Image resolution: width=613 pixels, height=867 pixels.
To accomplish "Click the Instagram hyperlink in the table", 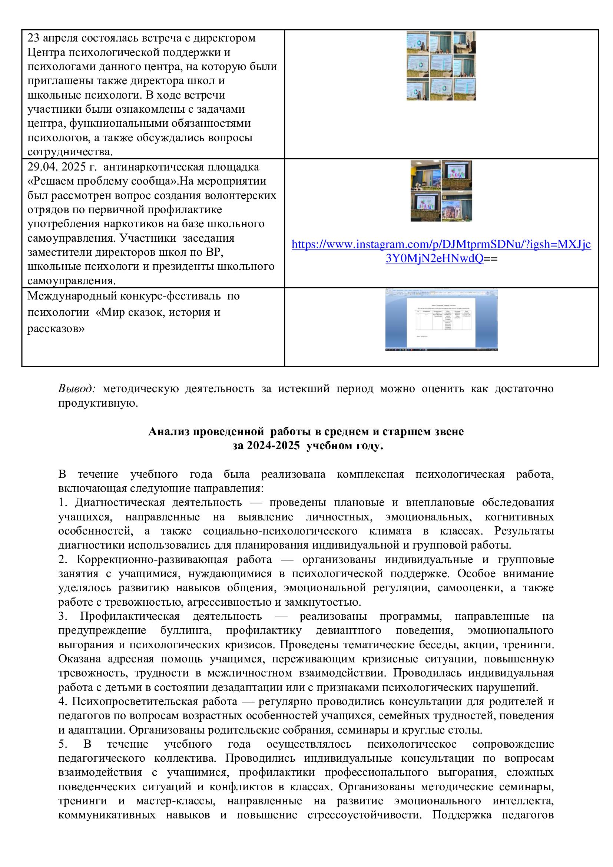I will (x=441, y=251).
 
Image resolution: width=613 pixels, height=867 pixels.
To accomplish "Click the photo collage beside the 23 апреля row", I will (x=441, y=66).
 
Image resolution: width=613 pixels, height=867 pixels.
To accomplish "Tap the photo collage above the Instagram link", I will (x=441, y=191).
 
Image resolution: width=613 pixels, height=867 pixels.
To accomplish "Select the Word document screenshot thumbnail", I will (x=441, y=320).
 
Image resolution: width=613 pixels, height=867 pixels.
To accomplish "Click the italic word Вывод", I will (x=77, y=388).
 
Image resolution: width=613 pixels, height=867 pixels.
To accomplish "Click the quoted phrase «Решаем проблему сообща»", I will (x=102, y=181).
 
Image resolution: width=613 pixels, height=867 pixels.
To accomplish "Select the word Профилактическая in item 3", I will (x=129, y=616).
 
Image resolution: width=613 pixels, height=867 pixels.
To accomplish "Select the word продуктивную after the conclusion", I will (x=98, y=403).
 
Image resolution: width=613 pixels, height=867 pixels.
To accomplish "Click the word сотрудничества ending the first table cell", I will (x=69, y=152).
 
